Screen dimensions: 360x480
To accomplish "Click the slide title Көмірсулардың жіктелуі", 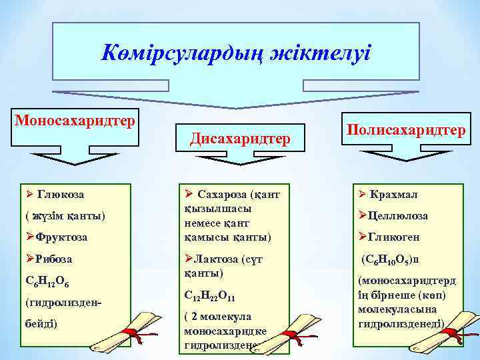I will click(237, 53).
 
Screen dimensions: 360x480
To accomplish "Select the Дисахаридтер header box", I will click(240, 139).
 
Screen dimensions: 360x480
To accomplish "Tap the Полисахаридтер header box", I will click(405, 131).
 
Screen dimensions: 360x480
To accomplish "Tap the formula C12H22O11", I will click(209, 295).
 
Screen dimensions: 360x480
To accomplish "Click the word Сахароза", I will click(223, 194).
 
